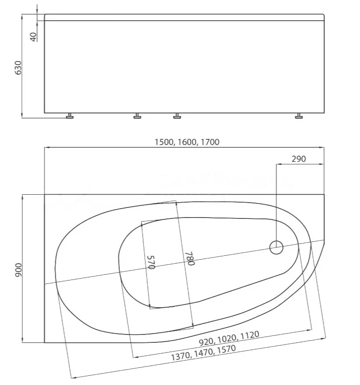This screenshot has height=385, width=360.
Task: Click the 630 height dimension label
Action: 18,68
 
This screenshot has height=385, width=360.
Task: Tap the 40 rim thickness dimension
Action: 33,37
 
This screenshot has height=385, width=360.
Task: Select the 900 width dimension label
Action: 18,270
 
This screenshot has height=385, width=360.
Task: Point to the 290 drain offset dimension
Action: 299,159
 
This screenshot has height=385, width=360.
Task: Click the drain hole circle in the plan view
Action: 276,247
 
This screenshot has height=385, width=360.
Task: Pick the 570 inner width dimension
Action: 151,262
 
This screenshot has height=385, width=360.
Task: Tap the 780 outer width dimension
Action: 190,258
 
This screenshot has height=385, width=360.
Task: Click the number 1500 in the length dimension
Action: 164,142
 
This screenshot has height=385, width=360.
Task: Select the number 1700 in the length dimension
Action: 210,142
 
